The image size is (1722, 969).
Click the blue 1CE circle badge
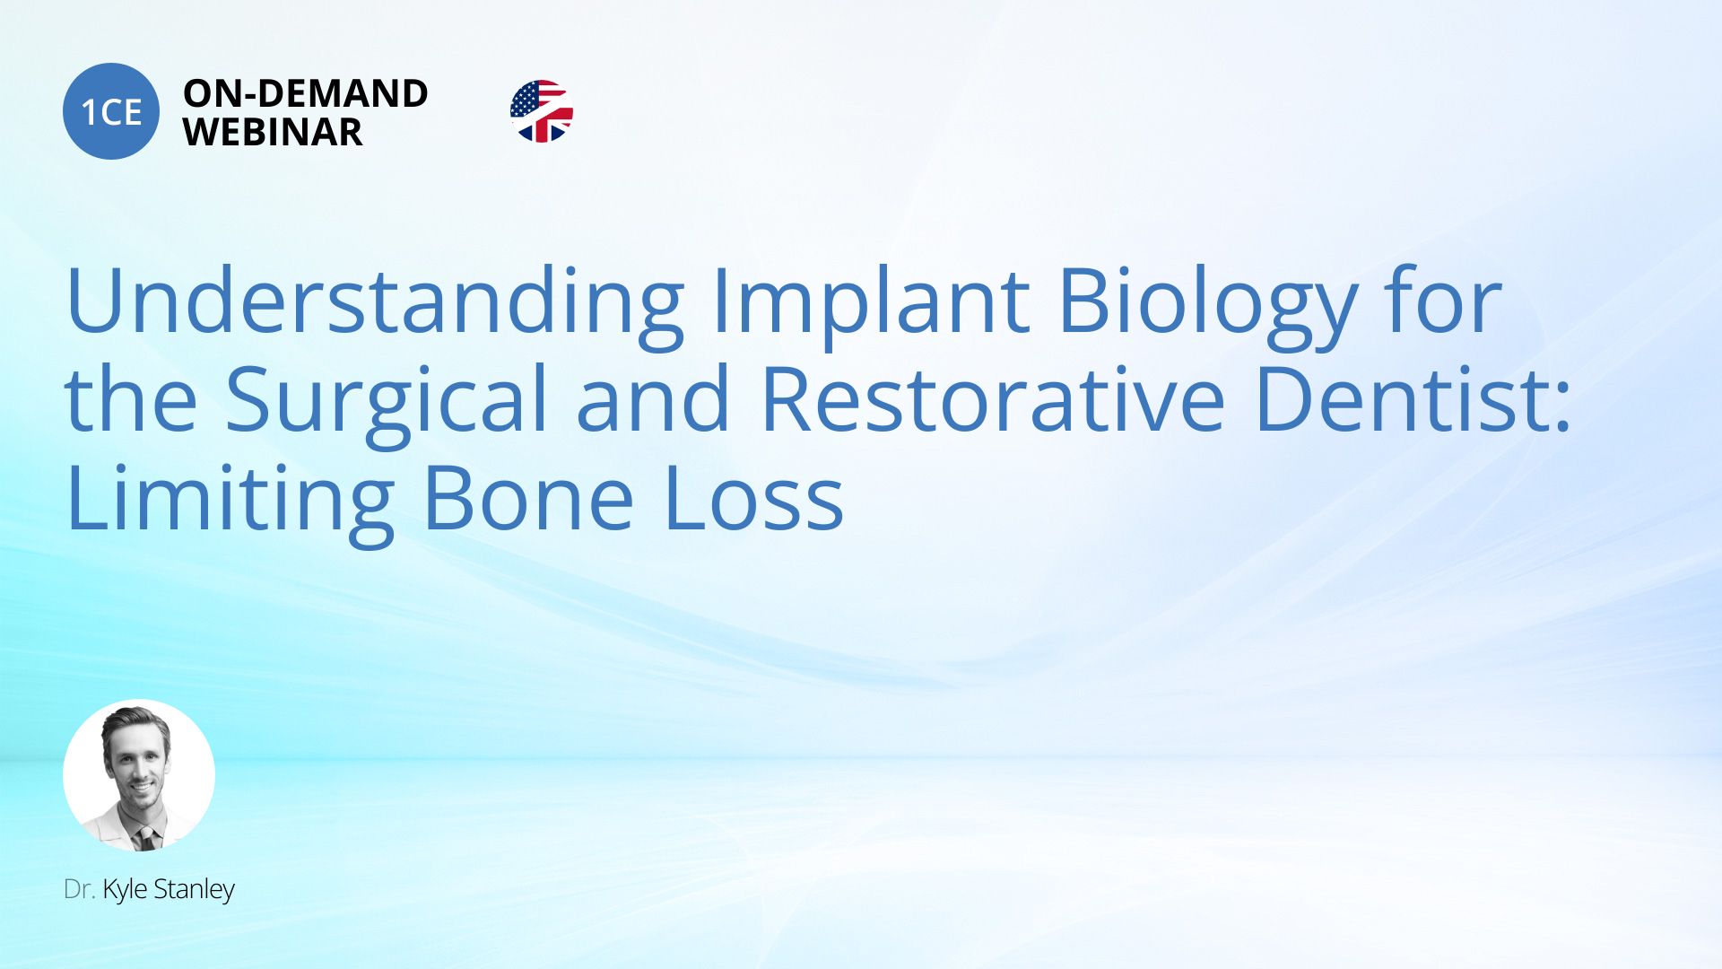click(x=111, y=111)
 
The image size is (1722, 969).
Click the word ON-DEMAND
click(x=306, y=93)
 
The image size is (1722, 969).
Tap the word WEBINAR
click(x=273, y=133)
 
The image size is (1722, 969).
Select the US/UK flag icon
click(x=542, y=111)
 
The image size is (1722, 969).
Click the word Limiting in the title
click(x=230, y=499)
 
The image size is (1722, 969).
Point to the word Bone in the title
click(x=528, y=499)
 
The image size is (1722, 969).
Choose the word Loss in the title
click(x=753, y=499)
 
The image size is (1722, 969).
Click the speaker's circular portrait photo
click(x=139, y=775)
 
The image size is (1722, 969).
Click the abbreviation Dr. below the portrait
click(x=80, y=889)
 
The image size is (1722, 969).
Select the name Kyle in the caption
click(x=125, y=890)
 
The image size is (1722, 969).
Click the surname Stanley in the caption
click(x=194, y=890)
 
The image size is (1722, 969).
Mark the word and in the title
click(x=653, y=398)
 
